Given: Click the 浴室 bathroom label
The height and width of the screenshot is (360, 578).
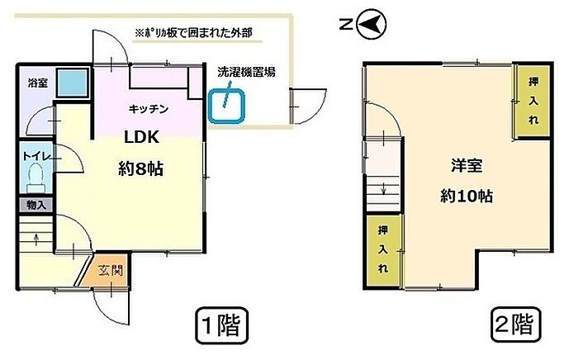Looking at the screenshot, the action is point(38,83).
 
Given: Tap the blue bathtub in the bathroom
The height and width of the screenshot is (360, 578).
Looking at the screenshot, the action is point(73,83).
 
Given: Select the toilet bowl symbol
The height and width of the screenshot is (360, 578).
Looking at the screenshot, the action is point(36,178).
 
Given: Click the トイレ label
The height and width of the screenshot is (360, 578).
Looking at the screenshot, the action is point(36,156).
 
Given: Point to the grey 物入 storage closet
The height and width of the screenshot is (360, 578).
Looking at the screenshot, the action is point(36,205).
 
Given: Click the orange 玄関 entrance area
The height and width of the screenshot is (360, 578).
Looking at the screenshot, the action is point(107,271).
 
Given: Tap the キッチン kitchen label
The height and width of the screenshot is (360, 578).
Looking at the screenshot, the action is point(148,109).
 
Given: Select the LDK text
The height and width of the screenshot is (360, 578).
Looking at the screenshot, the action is point(142,137).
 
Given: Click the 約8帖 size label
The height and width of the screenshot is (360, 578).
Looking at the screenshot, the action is point(141,168).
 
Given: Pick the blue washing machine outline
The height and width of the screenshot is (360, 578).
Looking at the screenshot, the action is point(226,107).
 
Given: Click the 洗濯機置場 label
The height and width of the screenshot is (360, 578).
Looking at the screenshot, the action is point(246,72).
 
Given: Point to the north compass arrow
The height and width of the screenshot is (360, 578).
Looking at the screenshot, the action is point(372,25).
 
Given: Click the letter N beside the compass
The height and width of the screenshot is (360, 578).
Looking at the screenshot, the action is point(346,25).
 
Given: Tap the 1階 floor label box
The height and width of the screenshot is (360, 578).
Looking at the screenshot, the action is point(221,325).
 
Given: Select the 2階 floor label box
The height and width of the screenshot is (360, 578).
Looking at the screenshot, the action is point(515,324).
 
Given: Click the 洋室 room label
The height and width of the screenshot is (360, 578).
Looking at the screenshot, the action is point(467,166).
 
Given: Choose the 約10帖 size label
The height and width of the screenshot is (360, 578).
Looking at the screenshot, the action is point(467,196).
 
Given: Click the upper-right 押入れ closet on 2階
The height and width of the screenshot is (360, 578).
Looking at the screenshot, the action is point(533,101).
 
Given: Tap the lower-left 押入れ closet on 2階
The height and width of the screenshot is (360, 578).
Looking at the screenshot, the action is point(383,250).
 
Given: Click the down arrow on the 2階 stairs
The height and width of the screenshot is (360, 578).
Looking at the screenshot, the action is point(383,188).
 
